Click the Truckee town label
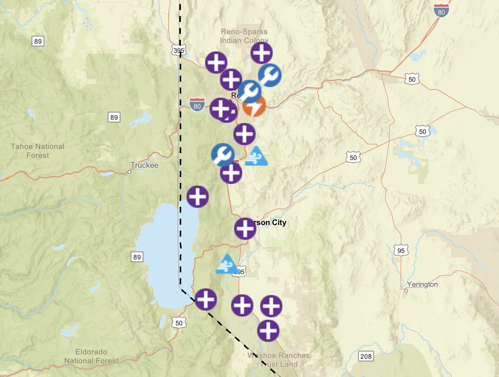(144, 165)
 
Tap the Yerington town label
(422, 284)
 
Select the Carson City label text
(271, 223)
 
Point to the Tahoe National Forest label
(38, 151)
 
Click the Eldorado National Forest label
(91, 356)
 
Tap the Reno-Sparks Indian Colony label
(244, 36)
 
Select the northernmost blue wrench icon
(269, 75)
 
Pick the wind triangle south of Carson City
(227, 264)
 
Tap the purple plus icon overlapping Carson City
(245, 228)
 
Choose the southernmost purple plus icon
(268, 330)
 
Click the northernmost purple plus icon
(261, 53)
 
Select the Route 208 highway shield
(366, 356)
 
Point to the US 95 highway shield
(401, 251)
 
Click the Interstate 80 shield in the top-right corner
(441, 11)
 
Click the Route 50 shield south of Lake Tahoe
(179, 323)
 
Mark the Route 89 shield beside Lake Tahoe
(137, 257)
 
